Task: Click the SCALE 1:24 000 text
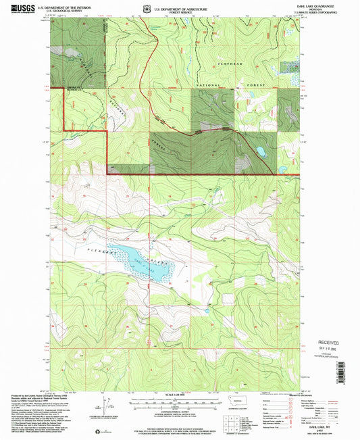click(178, 395)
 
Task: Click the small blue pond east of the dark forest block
click(259, 151)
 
